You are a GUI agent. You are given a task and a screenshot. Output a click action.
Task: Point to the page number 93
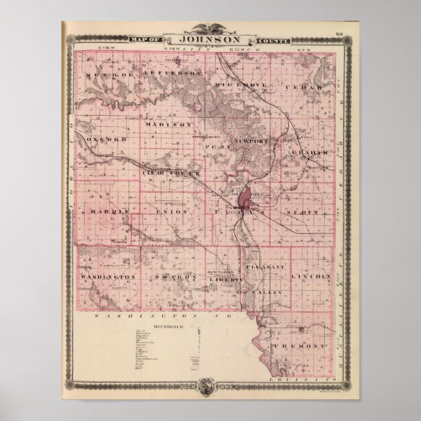click(339, 34)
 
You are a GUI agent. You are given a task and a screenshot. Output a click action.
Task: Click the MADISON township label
click(168, 124)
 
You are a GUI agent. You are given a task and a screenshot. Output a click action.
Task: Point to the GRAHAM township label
click(308, 152)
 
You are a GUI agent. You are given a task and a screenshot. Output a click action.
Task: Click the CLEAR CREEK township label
click(169, 173)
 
